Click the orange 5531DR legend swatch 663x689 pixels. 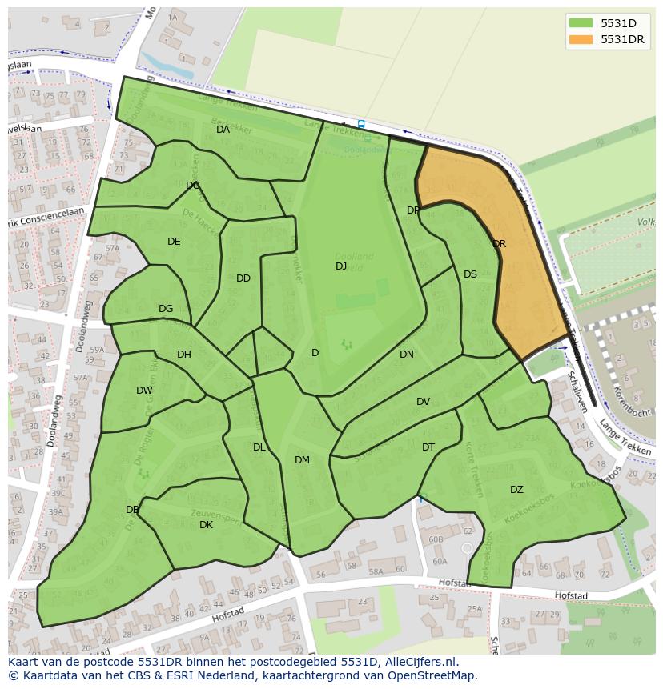point(581,39)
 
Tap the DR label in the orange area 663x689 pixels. point(499,244)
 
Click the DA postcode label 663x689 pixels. point(223,130)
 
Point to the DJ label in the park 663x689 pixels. point(341,266)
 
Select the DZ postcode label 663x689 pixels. point(516,490)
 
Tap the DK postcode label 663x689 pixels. point(206,525)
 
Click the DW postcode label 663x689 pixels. point(144,391)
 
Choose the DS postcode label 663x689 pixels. point(470,274)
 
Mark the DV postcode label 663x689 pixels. point(423,402)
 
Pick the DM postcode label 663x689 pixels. point(302,460)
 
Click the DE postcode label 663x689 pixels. point(174,242)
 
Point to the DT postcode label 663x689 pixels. point(428,447)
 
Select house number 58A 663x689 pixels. point(376,571)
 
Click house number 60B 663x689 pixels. point(436,539)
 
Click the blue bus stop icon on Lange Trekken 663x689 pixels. point(361,124)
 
